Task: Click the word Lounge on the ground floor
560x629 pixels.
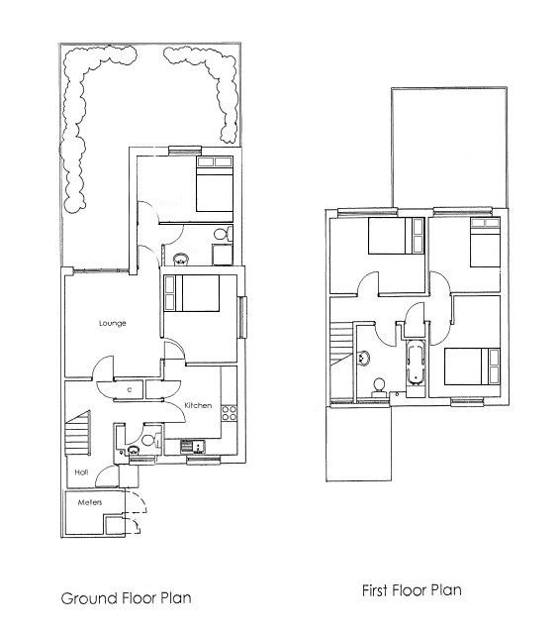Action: (111, 323)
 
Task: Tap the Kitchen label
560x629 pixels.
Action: (198, 406)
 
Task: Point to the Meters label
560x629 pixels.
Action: (91, 503)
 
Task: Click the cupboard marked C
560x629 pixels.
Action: (130, 390)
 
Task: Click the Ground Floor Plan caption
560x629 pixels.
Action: (126, 598)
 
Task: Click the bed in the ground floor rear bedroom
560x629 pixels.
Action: (214, 184)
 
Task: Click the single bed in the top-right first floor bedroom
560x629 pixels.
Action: (481, 242)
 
